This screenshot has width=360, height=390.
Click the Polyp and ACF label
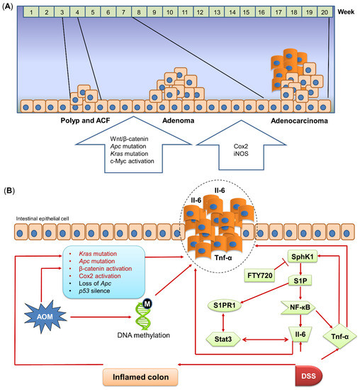pyautogui.click(x=79, y=121)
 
